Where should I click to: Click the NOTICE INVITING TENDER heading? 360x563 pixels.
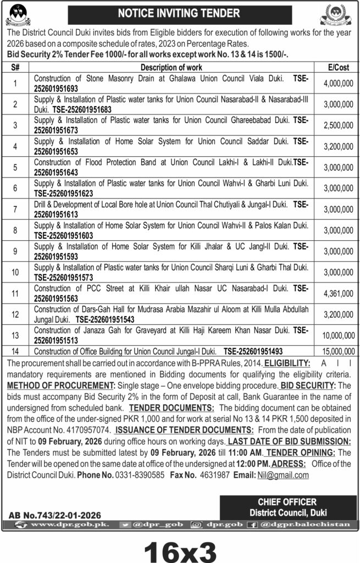pos(179,12)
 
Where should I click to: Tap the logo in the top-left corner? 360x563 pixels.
pos(18,14)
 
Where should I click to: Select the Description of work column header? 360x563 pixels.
pos(171,68)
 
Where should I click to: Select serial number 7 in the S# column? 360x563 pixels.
pos(16,209)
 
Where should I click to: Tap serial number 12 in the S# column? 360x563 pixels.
pos(16,314)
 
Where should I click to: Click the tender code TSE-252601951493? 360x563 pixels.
pos(261,351)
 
